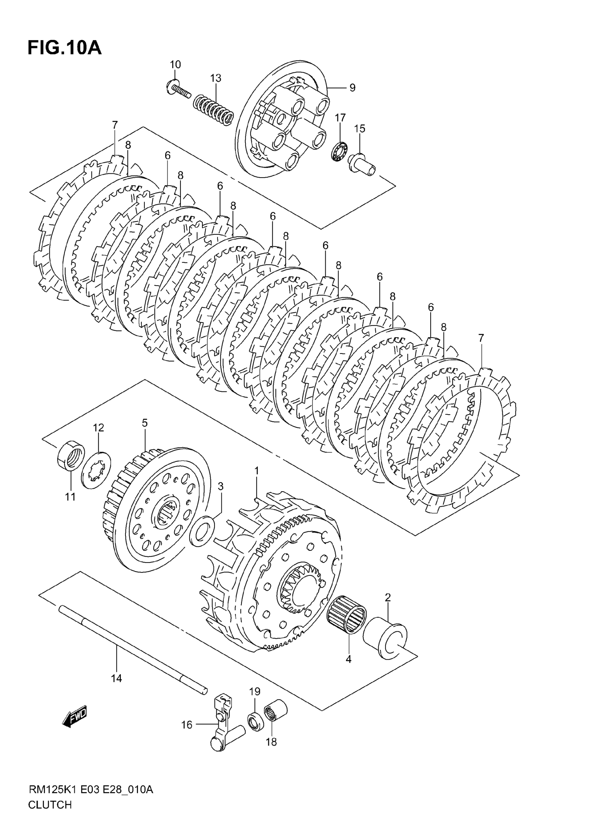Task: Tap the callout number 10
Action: [x=175, y=64]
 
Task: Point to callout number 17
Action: [x=340, y=118]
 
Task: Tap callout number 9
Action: [x=352, y=87]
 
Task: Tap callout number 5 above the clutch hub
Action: [x=145, y=423]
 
